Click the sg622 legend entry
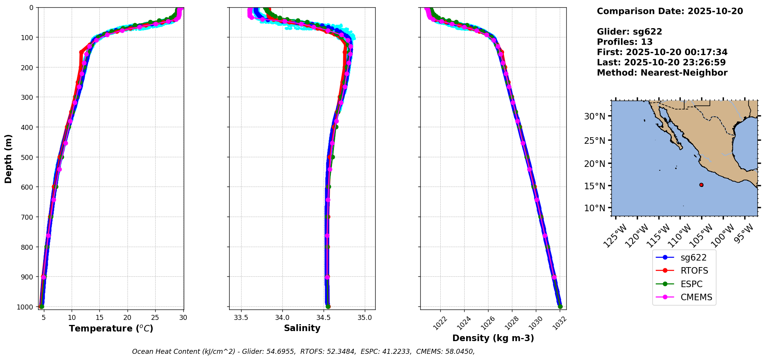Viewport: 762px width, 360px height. click(693, 257)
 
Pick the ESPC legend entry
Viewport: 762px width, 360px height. click(692, 284)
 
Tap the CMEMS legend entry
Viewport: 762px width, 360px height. click(696, 297)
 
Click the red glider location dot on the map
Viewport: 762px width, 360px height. click(701, 185)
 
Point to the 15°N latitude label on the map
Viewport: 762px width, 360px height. click(595, 186)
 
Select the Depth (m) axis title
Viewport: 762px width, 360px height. click(8, 159)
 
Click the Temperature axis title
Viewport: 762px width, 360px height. click(111, 328)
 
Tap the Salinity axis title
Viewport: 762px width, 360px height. click(302, 328)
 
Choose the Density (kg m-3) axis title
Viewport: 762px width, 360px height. click(493, 338)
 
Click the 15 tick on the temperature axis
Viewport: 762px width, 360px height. click(99, 318)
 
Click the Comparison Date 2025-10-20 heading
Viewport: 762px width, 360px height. click(670, 11)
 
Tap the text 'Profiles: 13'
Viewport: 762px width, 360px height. click(624, 42)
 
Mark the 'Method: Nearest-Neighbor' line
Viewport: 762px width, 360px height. click(662, 73)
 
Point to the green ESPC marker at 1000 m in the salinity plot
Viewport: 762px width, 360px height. click(328, 306)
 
